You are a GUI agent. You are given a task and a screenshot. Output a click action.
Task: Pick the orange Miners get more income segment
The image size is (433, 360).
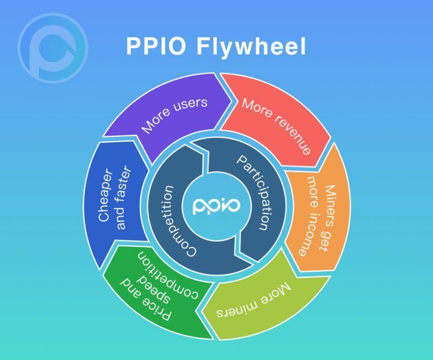[315, 211]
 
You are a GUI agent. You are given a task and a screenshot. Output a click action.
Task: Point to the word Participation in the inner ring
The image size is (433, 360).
[255, 193]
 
